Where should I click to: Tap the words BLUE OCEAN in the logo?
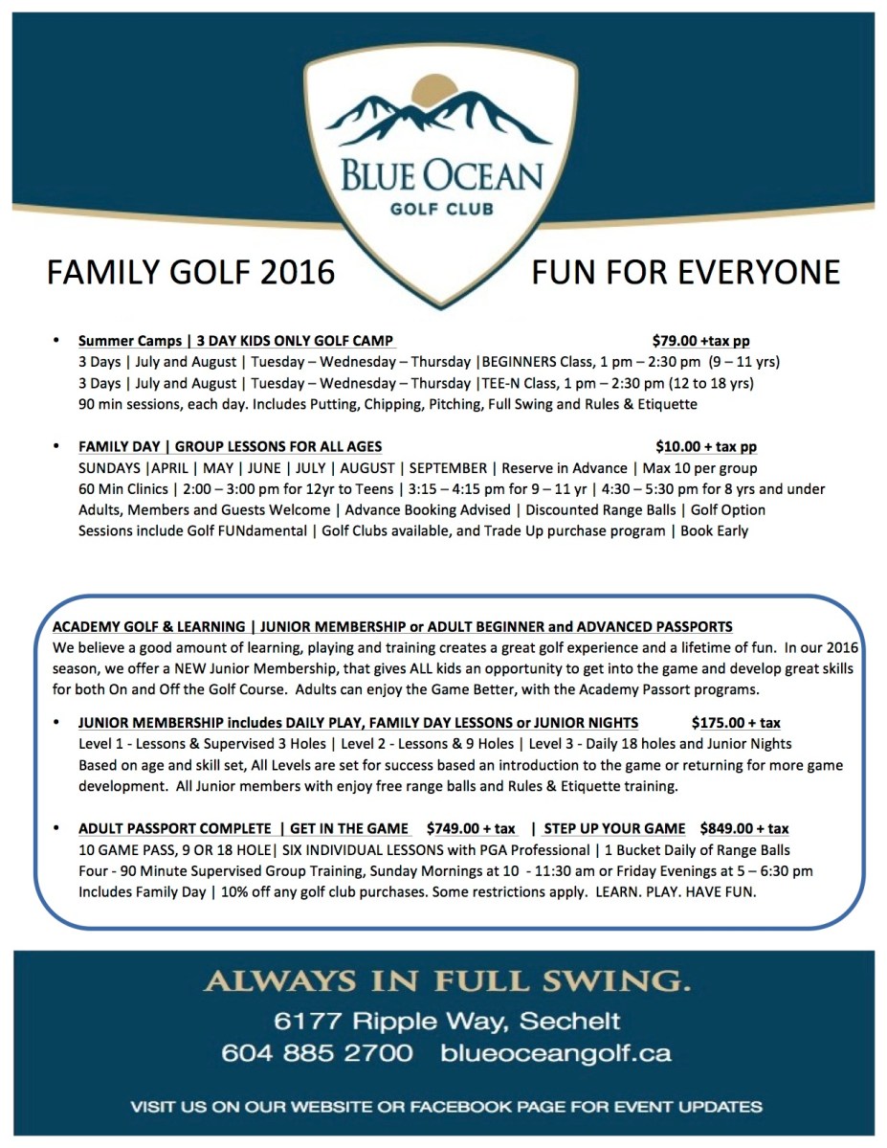[443, 178]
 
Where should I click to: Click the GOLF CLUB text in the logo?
[442, 213]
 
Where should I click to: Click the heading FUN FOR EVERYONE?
[685, 272]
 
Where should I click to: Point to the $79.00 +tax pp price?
[701, 340]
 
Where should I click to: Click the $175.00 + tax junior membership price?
[736, 723]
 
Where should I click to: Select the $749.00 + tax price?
[471, 828]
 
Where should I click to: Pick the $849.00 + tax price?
[744, 828]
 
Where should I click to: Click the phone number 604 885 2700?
[317, 1053]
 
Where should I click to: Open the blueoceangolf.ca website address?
[556, 1053]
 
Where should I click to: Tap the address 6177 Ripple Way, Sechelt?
[446, 1021]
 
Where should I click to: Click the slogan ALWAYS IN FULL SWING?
[446, 982]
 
